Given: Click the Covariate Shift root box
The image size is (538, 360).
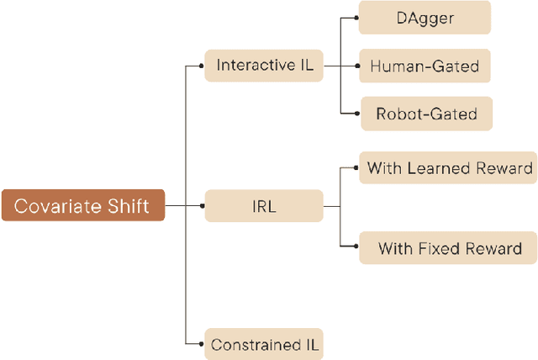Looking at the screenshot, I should click(82, 205).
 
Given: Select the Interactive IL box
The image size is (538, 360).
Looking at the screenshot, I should click(265, 65).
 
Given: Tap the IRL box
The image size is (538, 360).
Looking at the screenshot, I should click(265, 205).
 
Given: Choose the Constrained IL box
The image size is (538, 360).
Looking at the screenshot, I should click(265, 344).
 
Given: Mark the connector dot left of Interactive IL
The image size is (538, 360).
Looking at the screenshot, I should click(204, 65).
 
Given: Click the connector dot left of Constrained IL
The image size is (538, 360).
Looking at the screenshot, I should click(204, 344).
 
